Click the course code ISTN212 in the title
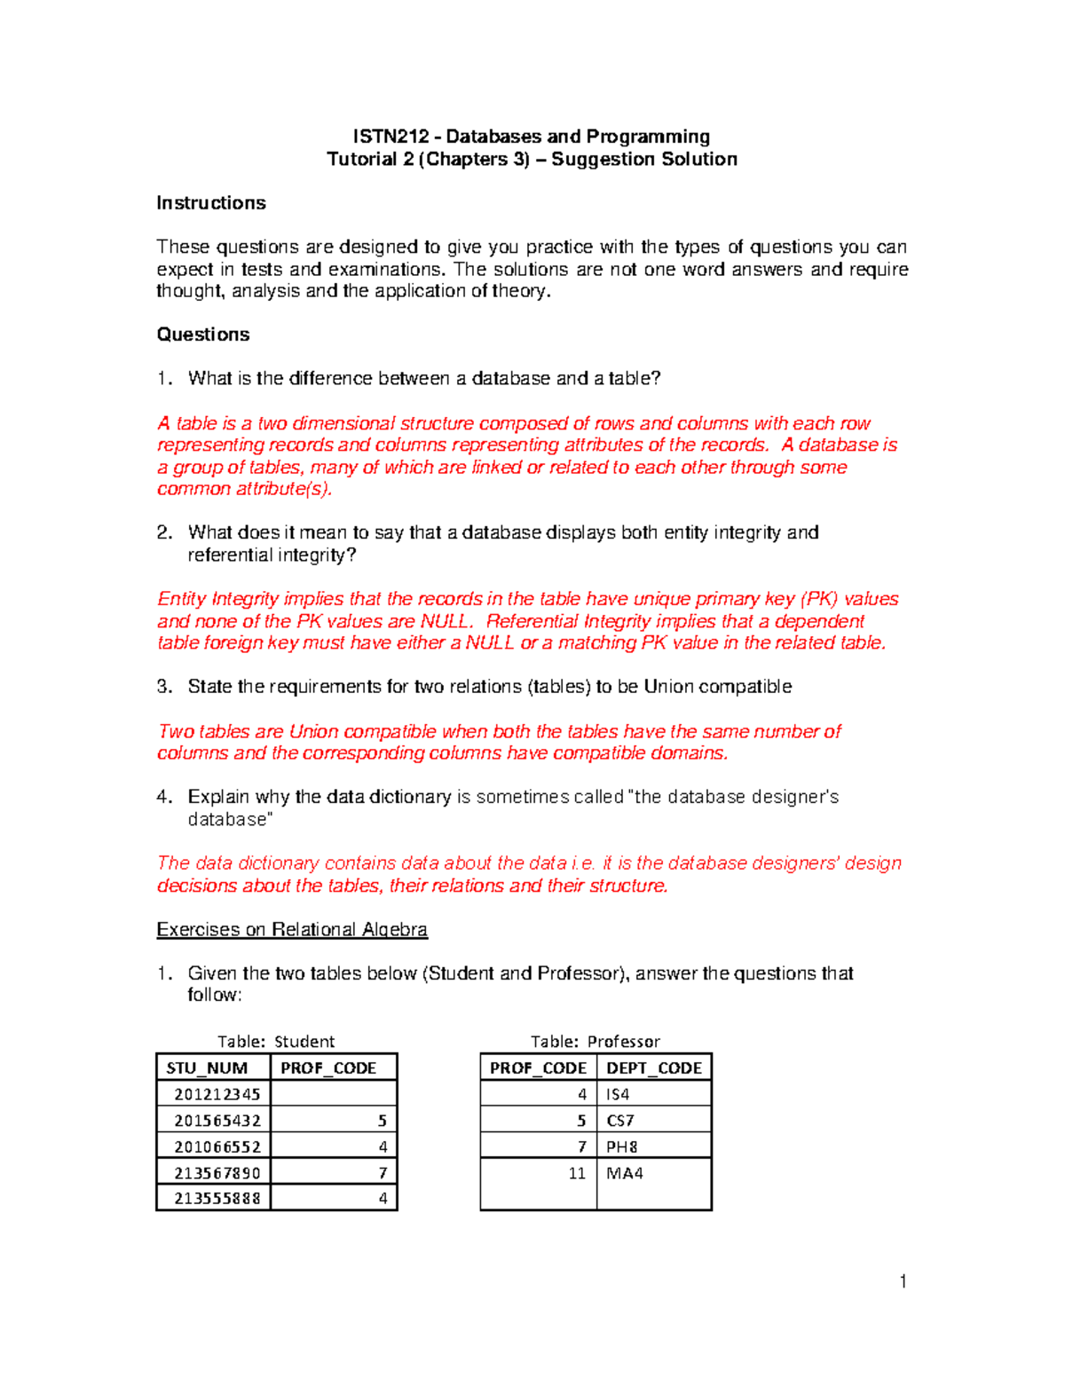click(x=390, y=137)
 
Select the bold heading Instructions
click(x=211, y=203)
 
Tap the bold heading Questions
click(x=203, y=335)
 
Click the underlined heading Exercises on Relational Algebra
click(x=292, y=929)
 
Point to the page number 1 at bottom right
click(x=903, y=1280)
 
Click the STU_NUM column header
click(x=207, y=1068)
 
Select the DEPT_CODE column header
click(x=654, y=1068)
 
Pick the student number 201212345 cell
click(x=217, y=1094)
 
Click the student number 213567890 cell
click(x=217, y=1173)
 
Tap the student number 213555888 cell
click(x=217, y=1199)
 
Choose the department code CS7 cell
click(x=620, y=1121)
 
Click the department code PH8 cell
click(x=622, y=1146)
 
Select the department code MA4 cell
click(x=625, y=1173)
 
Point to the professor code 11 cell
click(x=577, y=1173)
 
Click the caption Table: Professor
click(x=596, y=1042)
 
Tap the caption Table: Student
click(x=276, y=1042)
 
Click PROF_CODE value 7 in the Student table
click(x=383, y=1173)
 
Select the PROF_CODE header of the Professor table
click(x=538, y=1068)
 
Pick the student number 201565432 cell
click(x=217, y=1121)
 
